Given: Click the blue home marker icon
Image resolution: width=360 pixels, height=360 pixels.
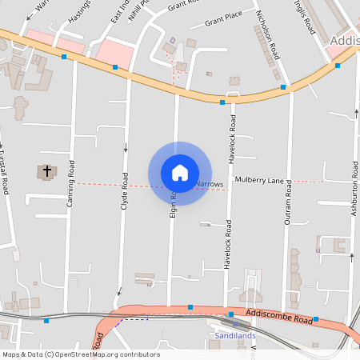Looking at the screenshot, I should pyautogui.click(x=179, y=173).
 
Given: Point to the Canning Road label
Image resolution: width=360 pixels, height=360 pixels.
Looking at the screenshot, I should pyautogui.click(x=71, y=184).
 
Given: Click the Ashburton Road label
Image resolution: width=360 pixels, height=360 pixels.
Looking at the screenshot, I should pyautogui.click(x=354, y=191).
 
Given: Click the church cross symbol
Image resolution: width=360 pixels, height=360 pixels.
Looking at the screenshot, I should pyautogui.click(x=47, y=171).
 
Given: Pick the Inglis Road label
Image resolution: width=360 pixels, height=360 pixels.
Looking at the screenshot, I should pyautogui.click(x=305, y=16).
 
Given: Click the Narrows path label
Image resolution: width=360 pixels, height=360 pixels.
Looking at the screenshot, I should pyautogui.click(x=210, y=184).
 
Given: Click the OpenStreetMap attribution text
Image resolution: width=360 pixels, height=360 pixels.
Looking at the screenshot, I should pyautogui.click(x=81, y=354).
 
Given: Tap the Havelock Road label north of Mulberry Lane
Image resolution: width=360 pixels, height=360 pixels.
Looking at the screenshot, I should pyautogui.click(x=233, y=134).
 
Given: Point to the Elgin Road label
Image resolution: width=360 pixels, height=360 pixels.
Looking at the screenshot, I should pyautogui.click(x=173, y=205).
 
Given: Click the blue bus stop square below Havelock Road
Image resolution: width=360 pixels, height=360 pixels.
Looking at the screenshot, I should pyautogui.click(x=231, y=314).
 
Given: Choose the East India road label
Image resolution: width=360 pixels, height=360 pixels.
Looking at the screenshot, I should pyautogui.click(x=119, y=11).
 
